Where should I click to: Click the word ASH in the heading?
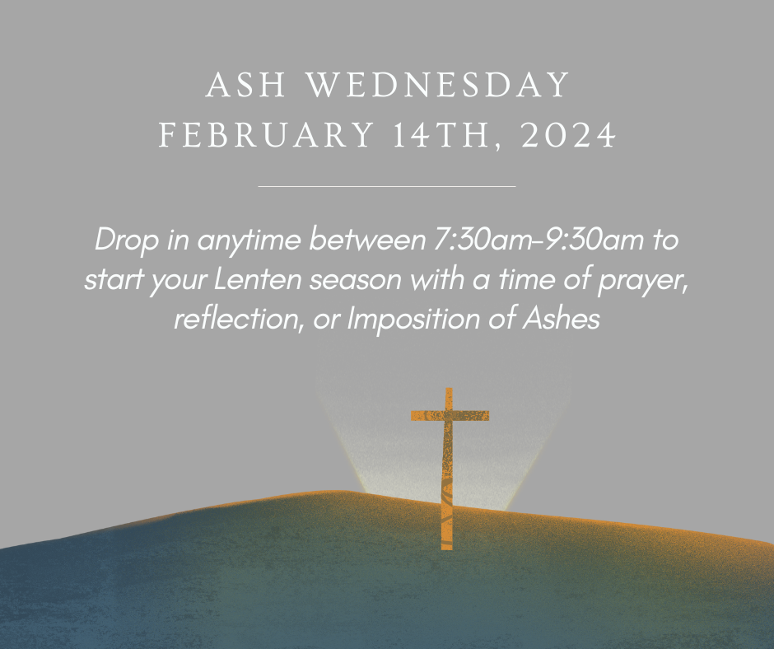[x=245, y=85]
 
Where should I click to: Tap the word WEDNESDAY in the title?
[x=438, y=85]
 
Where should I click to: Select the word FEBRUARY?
[x=266, y=134]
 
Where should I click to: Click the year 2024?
[x=569, y=134]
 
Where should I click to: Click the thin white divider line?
[x=387, y=187]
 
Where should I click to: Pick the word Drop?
[x=126, y=240]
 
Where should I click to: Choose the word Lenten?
[x=258, y=279]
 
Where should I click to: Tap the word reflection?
[x=238, y=319]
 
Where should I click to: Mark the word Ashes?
[x=562, y=319]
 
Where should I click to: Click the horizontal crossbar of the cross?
[x=450, y=416]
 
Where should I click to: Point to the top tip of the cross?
[x=449, y=389]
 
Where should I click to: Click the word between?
[x=367, y=240]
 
